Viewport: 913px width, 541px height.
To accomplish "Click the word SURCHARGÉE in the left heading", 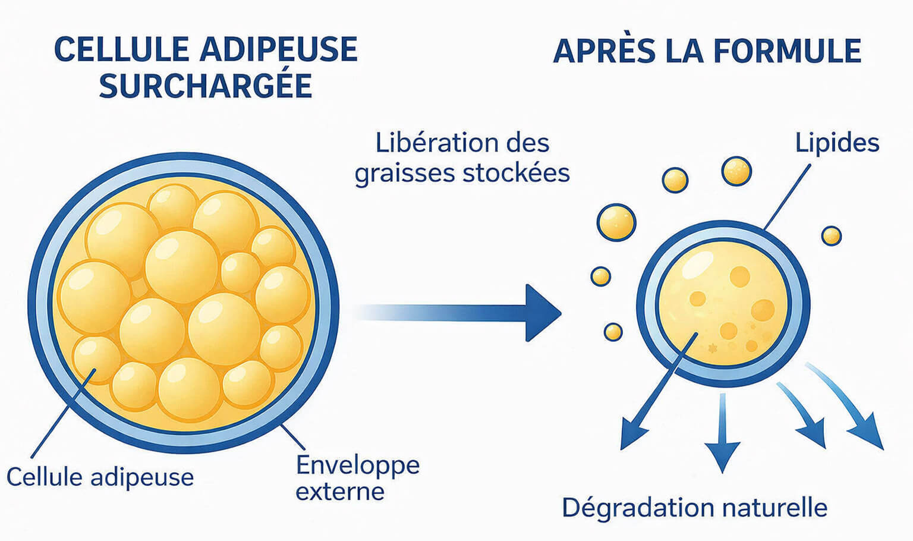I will tap(206, 86).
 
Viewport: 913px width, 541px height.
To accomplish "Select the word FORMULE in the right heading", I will tap(787, 51).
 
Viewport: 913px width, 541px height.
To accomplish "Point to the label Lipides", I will tap(837, 143).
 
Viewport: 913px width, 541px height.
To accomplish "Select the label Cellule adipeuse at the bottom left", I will tap(100, 477).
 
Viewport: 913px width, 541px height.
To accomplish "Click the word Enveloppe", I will tap(358, 465).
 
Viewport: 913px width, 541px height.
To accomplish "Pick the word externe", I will tap(340, 492).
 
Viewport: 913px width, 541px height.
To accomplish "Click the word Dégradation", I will tap(638, 508).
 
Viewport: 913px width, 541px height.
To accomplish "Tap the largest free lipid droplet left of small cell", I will tap(616, 222).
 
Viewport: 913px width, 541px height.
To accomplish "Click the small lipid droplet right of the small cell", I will tap(831, 236).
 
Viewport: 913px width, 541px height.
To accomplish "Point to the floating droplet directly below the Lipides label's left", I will tap(736, 171).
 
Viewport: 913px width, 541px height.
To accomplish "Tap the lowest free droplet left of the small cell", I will tap(613, 332).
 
